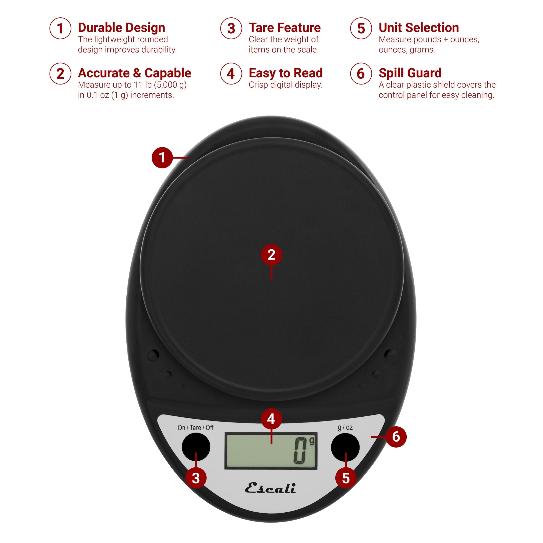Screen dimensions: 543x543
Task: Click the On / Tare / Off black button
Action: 196,447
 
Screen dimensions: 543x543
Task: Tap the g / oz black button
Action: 345,447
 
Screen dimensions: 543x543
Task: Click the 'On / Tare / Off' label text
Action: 196,427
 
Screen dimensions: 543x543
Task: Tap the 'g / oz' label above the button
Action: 345,427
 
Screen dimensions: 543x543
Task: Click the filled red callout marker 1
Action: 162,157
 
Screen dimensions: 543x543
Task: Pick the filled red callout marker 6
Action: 396,437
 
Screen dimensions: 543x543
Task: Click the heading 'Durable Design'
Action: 121,28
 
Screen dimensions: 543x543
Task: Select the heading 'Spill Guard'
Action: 410,73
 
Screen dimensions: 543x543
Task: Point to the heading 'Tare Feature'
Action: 285,28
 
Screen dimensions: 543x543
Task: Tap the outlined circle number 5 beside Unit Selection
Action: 361,28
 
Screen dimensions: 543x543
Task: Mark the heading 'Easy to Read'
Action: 286,73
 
